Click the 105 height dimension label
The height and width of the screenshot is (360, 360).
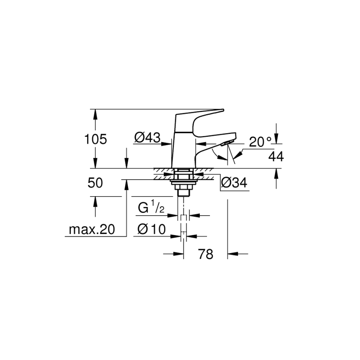click(x=96, y=139)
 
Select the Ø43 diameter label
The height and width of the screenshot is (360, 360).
click(x=147, y=138)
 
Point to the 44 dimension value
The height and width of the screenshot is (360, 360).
click(x=276, y=156)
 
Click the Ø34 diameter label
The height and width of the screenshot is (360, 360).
click(x=234, y=182)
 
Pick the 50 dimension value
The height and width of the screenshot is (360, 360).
click(x=95, y=182)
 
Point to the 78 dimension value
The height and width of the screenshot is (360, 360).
click(x=205, y=254)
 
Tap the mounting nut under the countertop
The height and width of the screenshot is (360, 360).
click(x=183, y=182)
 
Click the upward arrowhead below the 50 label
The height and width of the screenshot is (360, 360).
click(x=96, y=201)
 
